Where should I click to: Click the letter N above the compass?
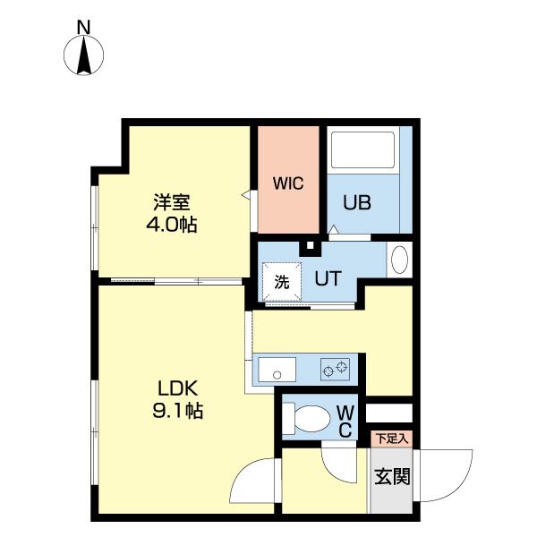tap(83, 28)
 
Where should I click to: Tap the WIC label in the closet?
tap(288, 184)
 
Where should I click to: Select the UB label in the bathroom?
tap(358, 202)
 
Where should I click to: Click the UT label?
tap(327, 278)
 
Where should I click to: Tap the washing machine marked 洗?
tap(281, 281)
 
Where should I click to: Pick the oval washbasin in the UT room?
tap(400, 260)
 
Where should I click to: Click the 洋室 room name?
tap(171, 202)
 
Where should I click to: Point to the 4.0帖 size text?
tap(171, 225)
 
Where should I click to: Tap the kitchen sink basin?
tap(276, 368)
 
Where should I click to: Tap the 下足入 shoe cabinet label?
tap(390, 439)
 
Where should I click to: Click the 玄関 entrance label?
tap(391, 476)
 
